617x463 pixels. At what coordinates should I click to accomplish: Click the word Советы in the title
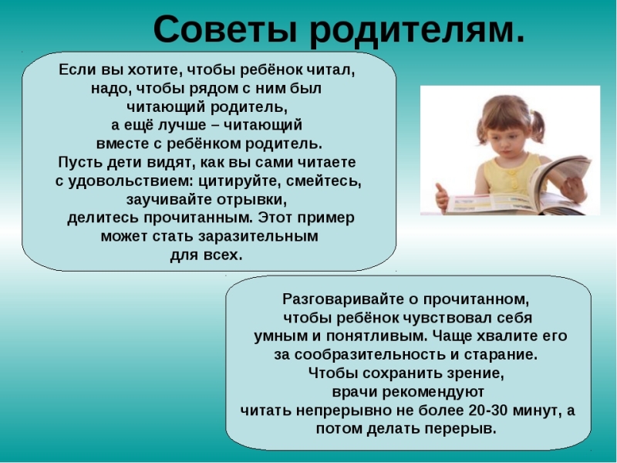tap(225, 29)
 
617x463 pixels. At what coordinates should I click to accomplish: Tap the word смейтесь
tap(324, 181)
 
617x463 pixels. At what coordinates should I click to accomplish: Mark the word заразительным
tap(258, 237)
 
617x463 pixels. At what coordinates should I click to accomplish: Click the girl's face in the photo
tap(507, 143)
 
